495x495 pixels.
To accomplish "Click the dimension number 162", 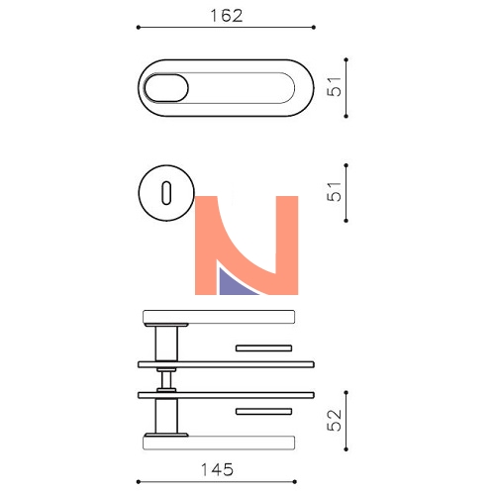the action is tap(227, 16).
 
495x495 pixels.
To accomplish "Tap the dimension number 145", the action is tap(217, 469).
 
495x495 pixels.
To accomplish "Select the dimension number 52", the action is tap(334, 420).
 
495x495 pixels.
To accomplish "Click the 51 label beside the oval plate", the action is tap(334, 86).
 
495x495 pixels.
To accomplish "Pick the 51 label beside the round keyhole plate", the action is tap(334, 191).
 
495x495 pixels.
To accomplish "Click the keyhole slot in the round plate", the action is tap(166, 193).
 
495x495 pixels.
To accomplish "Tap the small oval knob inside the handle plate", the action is tap(166, 88).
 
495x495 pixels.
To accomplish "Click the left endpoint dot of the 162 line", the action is tap(139, 27).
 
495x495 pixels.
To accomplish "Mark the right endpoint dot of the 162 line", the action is tap(314, 27).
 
